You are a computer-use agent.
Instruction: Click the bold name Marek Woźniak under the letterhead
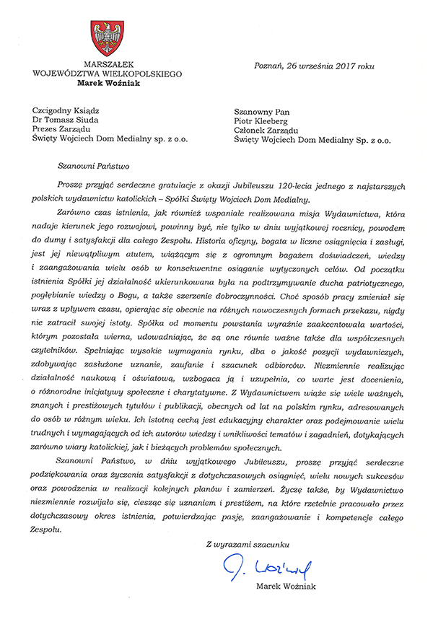coord(110,82)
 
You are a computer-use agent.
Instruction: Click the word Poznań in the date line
coord(270,66)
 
